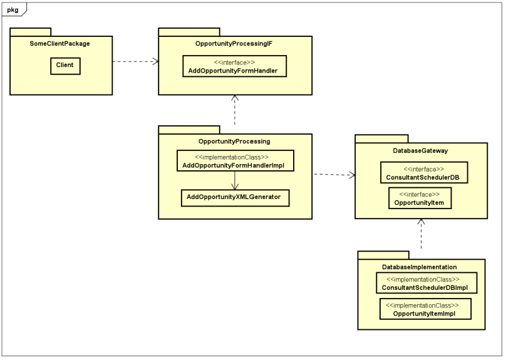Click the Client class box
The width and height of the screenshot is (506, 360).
(65, 66)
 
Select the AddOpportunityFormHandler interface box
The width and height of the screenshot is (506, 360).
(235, 66)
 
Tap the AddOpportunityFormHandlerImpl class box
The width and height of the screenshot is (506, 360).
(235, 161)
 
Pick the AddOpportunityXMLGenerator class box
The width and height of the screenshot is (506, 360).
(235, 198)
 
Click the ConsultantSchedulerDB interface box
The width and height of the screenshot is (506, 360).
(424, 173)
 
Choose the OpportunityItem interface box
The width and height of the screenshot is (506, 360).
(420, 198)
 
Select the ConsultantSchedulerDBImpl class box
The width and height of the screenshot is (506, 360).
(426, 283)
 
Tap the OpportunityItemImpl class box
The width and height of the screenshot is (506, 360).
(425, 309)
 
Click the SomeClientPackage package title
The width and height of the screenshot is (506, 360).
(59, 44)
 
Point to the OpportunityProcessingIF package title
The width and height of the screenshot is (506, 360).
(234, 44)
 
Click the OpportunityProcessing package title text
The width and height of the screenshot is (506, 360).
(234, 141)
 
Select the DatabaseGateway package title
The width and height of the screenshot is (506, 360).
(420, 151)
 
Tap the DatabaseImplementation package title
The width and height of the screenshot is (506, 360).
(420, 267)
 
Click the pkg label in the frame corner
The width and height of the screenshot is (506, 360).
(13, 10)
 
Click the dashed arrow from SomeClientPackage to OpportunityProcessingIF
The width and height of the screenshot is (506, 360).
(135, 61)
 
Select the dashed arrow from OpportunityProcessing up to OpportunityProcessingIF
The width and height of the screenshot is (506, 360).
(235, 110)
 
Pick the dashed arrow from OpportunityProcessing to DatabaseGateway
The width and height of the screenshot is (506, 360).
(334, 175)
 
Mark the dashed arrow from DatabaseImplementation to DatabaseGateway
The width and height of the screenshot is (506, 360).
(421, 234)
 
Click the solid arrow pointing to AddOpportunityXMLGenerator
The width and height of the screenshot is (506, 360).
(235, 180)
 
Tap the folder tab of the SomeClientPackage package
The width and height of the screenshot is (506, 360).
(30, 32)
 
